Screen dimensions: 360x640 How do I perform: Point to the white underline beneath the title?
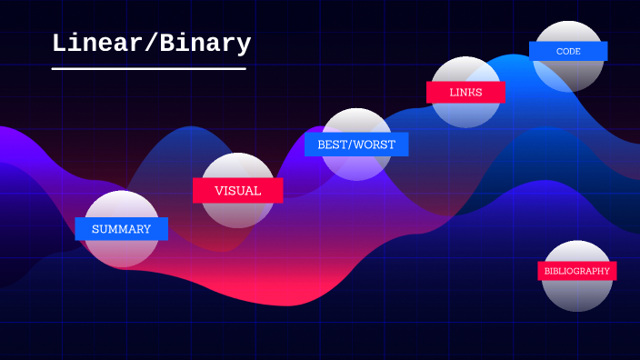(149, 68)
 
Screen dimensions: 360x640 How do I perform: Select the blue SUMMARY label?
(121, 229)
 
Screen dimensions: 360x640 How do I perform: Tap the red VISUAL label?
(237, 191)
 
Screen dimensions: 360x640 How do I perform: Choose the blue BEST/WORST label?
(356, 145)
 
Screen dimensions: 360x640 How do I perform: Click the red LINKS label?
(465, 93)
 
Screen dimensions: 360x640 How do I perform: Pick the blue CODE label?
(568, 52)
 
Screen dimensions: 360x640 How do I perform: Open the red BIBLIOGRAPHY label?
(576, 271)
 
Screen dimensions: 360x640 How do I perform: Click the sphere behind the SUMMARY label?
(121, 253)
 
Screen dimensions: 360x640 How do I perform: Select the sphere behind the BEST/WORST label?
(357, 166)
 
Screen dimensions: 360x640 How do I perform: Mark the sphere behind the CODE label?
(568, 75)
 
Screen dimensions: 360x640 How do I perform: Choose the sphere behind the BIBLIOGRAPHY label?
(577, 293)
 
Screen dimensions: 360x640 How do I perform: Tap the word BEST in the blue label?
(332, 145)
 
